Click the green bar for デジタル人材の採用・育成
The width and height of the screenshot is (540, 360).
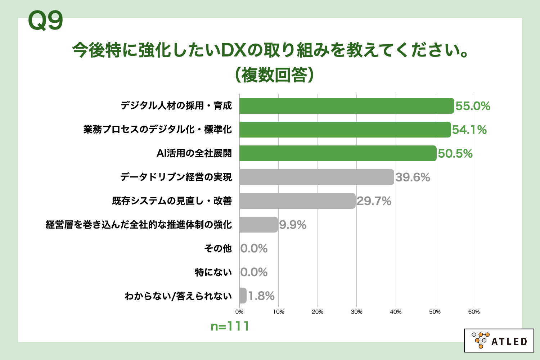click(x=346, y=106)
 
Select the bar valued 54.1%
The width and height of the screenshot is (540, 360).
click(x=345, y=130)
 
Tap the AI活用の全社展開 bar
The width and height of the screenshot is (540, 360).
click(x=338, y=153)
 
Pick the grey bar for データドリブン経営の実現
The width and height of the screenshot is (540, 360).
click(x=316, y=177)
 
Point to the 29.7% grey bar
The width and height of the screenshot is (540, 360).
click(x=297, y=201)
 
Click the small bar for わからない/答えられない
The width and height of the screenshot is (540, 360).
click(x=243, y=296)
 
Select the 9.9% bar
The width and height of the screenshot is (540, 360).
click(x=258, y=225)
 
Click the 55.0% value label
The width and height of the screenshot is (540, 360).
click(x=473, y=106)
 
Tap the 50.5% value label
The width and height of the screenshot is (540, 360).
click(x=455, y=154)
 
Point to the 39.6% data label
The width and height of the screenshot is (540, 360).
click(x=413, y=177)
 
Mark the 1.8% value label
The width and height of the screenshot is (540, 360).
click(x=261, y=296)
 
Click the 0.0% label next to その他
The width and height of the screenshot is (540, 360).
click(x=254, y=248)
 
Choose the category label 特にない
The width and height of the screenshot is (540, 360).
click(x=213, y=272)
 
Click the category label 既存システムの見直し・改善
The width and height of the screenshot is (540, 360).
click(x=172, y=201)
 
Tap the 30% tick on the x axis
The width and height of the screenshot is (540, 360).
click(x=356, y=312)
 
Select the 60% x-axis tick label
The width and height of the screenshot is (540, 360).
click(x=474, y=312)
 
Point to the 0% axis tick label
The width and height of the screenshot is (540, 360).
click(x=239, y=312)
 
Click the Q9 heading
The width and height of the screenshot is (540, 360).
click(x=45, y=21)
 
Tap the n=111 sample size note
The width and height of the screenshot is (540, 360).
click(x=230, y=326)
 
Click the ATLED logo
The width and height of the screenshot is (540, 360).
click(x=499, y=341)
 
